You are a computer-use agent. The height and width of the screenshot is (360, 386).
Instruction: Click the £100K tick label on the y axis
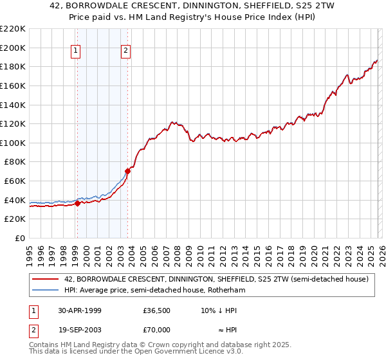tap(13, 143)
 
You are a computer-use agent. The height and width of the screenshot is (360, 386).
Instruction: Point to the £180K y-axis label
tap(13, 66)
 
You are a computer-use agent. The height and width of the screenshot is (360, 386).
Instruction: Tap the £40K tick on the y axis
tap(15, 200)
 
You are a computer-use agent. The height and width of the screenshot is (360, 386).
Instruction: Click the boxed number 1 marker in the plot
tap(76, 51)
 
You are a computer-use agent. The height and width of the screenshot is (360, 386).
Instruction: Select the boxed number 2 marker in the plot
tap(126, 51)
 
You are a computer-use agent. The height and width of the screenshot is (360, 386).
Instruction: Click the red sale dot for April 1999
tap(78, 204)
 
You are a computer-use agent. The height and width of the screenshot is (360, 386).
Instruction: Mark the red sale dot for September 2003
tap(127, 172)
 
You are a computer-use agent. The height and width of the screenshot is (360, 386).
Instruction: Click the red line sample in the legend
tap(46, 279)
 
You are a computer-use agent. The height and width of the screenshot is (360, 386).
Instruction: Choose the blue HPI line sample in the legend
tap(46, 291)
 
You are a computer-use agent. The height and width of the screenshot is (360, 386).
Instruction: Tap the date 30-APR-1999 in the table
tap(79, 310)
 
